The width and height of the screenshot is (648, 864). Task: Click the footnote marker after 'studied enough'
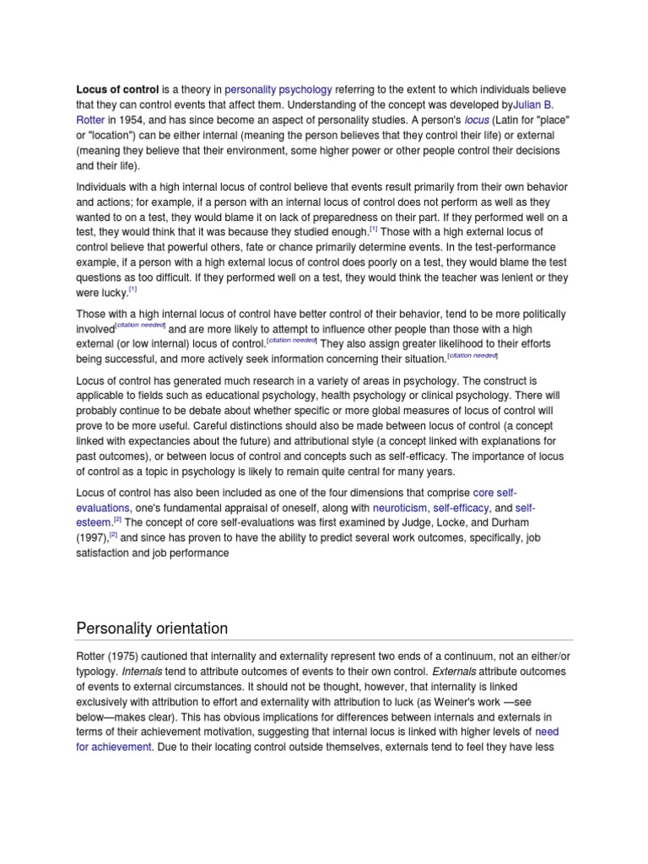374,229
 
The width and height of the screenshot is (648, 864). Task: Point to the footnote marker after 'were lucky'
132,289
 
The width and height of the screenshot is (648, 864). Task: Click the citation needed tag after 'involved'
140,326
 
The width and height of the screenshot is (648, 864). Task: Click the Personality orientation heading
153,628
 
